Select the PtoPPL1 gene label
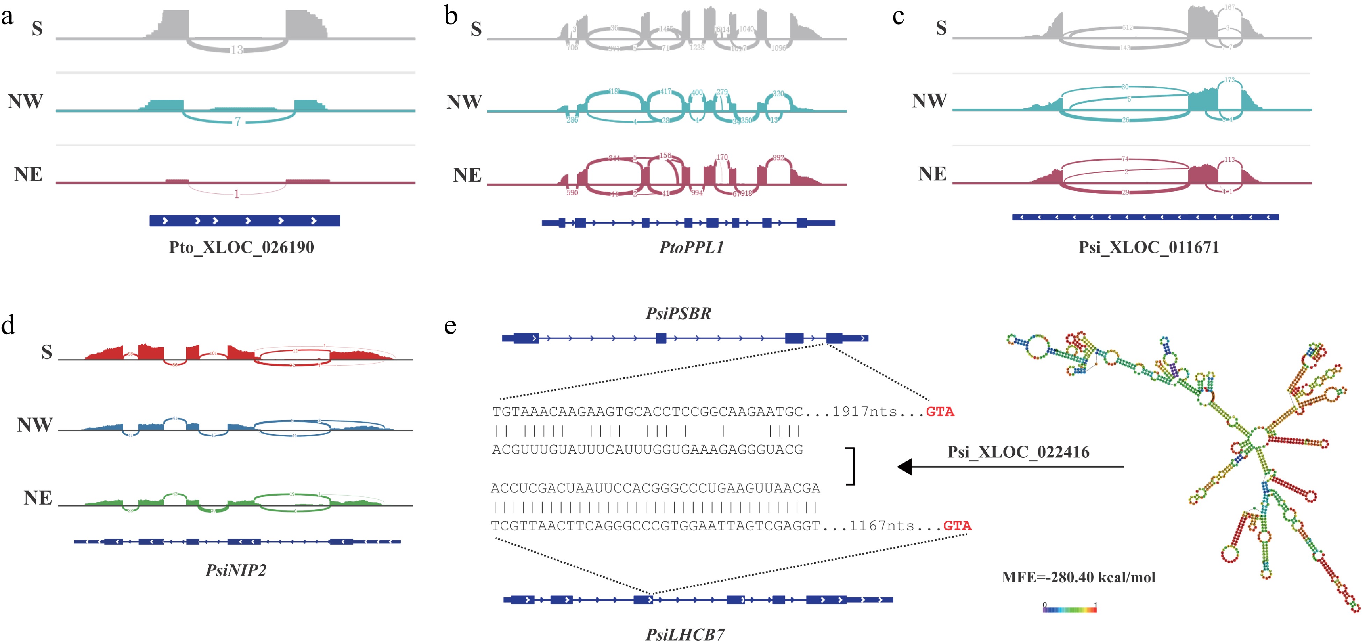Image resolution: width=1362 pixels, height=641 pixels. (691, 247)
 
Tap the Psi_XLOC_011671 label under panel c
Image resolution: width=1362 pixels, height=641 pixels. (1149, 247)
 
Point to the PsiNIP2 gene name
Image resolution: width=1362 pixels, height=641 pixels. (236, 570)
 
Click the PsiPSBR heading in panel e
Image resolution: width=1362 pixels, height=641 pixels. (678, 313)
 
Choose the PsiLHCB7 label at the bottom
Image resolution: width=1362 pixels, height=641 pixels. (685, 634)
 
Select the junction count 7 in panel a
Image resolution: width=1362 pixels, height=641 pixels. (238, 122)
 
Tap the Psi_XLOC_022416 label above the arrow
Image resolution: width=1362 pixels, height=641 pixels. (1018, 452)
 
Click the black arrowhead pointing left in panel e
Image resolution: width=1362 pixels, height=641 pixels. (905, 467)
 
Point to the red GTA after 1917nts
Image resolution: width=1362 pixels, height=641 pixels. (940, 411)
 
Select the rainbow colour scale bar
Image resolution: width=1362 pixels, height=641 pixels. (1069, 609)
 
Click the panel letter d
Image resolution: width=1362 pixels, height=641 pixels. (8, 325)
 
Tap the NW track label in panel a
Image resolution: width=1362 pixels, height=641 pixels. (26, 101)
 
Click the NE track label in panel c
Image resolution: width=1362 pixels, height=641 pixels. (932, 174)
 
